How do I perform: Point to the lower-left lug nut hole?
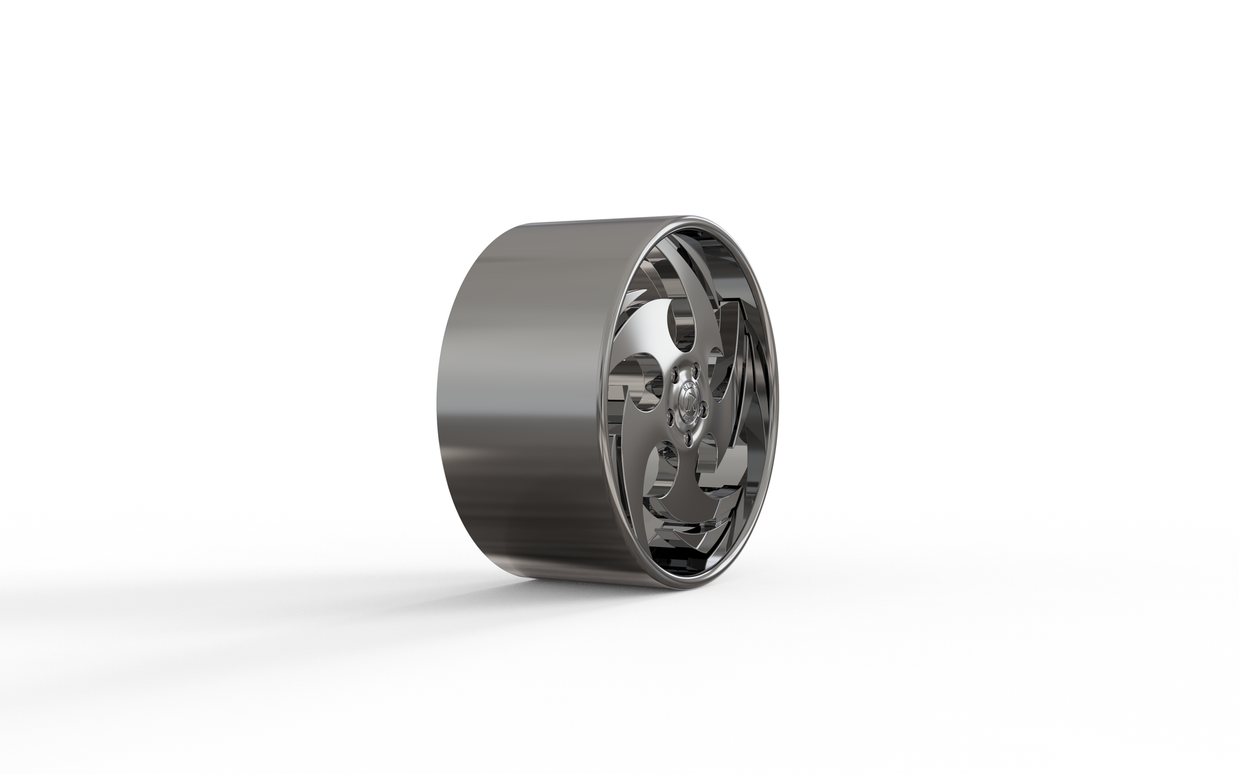[670, 417]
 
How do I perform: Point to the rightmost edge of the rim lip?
[779, 395]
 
